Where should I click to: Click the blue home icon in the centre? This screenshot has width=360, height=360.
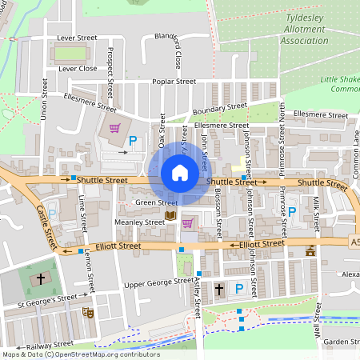pyautogui.click(x=180, y=172)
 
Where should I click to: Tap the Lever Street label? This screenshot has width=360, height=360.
pyautogui.click(x=77, y=38)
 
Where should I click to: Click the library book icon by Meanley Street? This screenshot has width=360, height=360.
pyautogui.click(x=170, y=216)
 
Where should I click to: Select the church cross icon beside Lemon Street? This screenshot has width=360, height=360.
pyautogui.click(x=41, y=279)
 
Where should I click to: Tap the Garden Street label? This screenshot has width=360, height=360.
pyautogui.click(x=341, y=342)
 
